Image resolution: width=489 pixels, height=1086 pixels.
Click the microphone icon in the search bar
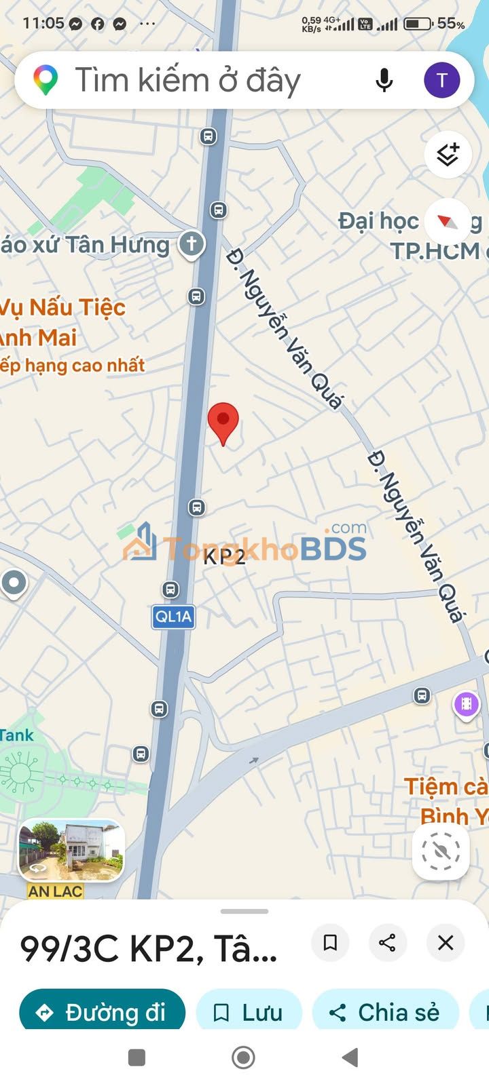[384, 80]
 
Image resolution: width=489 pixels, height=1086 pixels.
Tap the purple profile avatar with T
[441, 80]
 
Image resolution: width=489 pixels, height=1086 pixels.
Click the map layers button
[448, 155]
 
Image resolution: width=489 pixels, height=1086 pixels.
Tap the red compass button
[447, 221]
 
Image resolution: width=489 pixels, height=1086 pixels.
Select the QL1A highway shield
[173, 617]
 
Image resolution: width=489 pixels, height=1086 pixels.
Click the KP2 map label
[224, 556]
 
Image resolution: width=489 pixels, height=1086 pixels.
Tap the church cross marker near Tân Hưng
[192, 244]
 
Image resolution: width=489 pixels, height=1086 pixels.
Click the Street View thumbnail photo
[71, 849]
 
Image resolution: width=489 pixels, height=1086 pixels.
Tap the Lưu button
[249, 1013]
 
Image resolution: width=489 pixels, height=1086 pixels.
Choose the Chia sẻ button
[385, 1013]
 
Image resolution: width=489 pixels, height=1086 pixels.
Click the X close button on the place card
[446, 942]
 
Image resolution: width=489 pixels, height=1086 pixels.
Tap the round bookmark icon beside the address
[330, 942]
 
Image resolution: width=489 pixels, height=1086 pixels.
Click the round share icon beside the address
[387, 942]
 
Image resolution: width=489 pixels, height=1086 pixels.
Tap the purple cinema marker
[466, 704]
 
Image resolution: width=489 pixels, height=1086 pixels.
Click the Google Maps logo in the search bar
[46, 80]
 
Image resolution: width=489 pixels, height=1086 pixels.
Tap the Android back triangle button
[350, 1057]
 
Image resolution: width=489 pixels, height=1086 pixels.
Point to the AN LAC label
[55, 891]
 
